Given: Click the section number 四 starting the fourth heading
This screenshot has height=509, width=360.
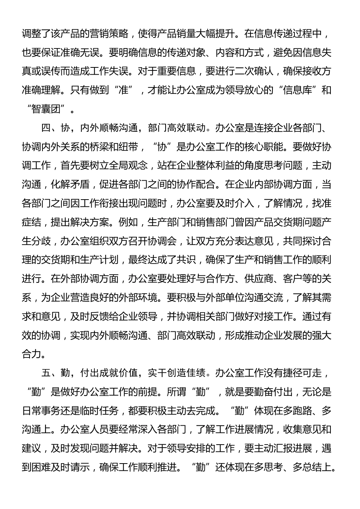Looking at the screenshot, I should tap(46, 128).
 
